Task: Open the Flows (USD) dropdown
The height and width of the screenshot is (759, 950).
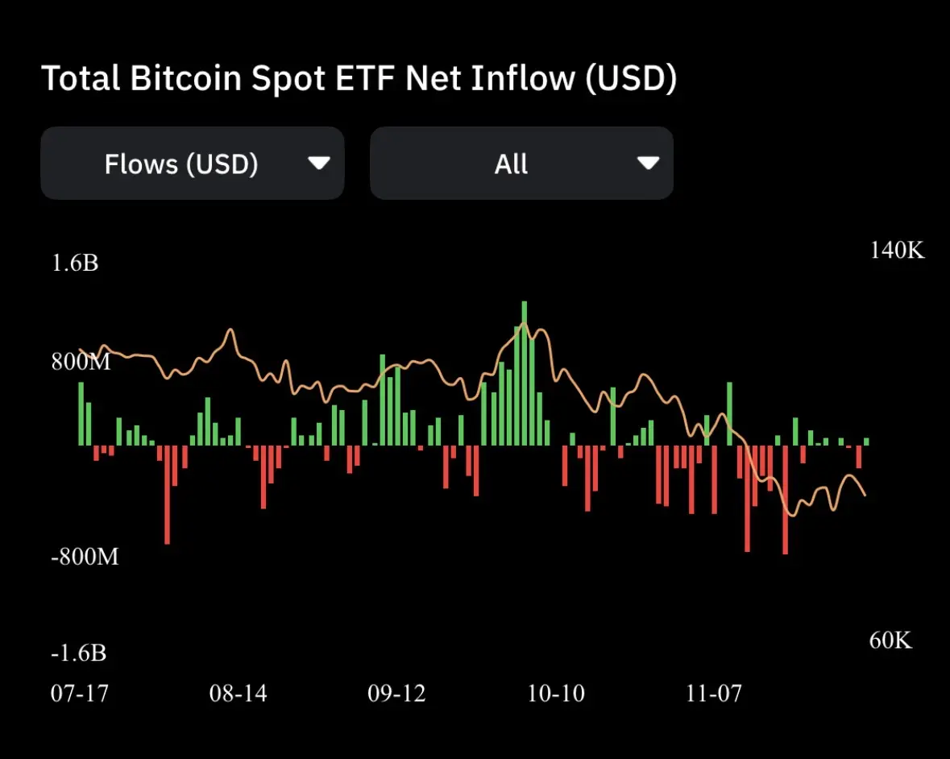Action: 192,164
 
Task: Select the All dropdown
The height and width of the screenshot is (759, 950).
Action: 521,164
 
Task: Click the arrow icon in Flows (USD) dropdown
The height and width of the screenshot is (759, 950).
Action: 319,164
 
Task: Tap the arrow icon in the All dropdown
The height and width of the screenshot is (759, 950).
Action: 648,164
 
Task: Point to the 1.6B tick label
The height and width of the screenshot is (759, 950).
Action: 75,263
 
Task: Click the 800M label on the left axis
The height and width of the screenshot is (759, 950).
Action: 81,362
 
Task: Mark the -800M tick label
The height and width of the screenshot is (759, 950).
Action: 85,556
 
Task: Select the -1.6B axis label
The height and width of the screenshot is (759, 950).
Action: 78,653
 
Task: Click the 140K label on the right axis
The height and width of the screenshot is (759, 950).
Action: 898,251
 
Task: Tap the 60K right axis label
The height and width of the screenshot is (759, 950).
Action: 890,641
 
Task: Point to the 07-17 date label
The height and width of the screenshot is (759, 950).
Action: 79,693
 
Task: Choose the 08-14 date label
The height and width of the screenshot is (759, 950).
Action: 238,693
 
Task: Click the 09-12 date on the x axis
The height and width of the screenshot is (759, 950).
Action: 396,693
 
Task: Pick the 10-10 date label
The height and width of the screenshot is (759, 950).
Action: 556,693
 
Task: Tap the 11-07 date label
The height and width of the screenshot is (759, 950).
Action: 714,693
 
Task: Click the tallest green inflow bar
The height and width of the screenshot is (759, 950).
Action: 525,371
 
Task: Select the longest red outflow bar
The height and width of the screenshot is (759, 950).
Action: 785,500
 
